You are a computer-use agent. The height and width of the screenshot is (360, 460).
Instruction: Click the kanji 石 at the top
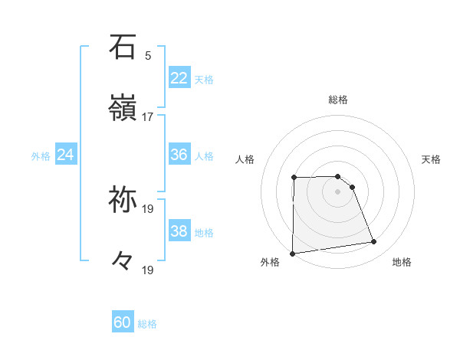pyautogui.click(x=123, y=47)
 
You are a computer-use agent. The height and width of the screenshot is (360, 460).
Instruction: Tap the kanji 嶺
pyautogui.click(x=123, y=109)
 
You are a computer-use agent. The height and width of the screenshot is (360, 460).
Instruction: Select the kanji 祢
pyautogui.click(x=123, y=200)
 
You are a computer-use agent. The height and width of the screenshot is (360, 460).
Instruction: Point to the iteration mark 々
pyautogui.click(x=123, y=262)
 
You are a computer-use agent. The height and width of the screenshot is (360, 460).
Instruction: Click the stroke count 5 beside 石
pyautogui.click(x=148, y=55)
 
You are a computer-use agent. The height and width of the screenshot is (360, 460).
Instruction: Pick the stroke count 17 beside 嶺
pyautogui.click(x=148, y=116)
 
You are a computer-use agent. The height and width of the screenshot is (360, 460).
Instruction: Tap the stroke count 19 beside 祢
pyautogui.click(x=148, y=208)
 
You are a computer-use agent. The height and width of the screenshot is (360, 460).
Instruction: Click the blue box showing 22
pyautogui.click(x=179, y=78)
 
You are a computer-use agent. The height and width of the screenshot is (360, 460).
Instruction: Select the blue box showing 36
pyautogui.click(x=179, y=155)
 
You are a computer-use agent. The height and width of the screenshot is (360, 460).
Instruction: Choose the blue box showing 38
pyautogui.click(x=179, y=231)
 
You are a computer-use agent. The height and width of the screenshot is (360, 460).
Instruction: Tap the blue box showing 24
pyautogui.click(x=65, y=155)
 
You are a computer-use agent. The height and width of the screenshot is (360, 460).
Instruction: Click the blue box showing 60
pyautogui.click(x=123, y=322)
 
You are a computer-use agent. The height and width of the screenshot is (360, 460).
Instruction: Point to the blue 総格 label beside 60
pyautogui.click(x=148, y=324)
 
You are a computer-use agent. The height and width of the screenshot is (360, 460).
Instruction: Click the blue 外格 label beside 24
pyautogui.click(x=41, y=156)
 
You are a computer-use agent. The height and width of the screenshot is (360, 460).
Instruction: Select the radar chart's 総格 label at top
pyautogui.click(x=338, y=100)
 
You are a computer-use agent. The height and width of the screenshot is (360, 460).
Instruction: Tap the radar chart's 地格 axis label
pyautogui.click(x=402, y=263)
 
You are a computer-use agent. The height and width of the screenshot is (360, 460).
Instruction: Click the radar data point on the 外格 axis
pyautogui.click(x=292, y=254)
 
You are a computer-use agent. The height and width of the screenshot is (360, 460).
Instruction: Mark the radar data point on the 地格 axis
pyautogui.click(x=374, y=242)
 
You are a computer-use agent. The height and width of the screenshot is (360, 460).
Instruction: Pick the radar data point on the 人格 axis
pyautogui.click(x=294, y=178)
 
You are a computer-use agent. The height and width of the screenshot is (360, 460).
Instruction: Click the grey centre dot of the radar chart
pyautogui.click(x=338, y=191)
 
